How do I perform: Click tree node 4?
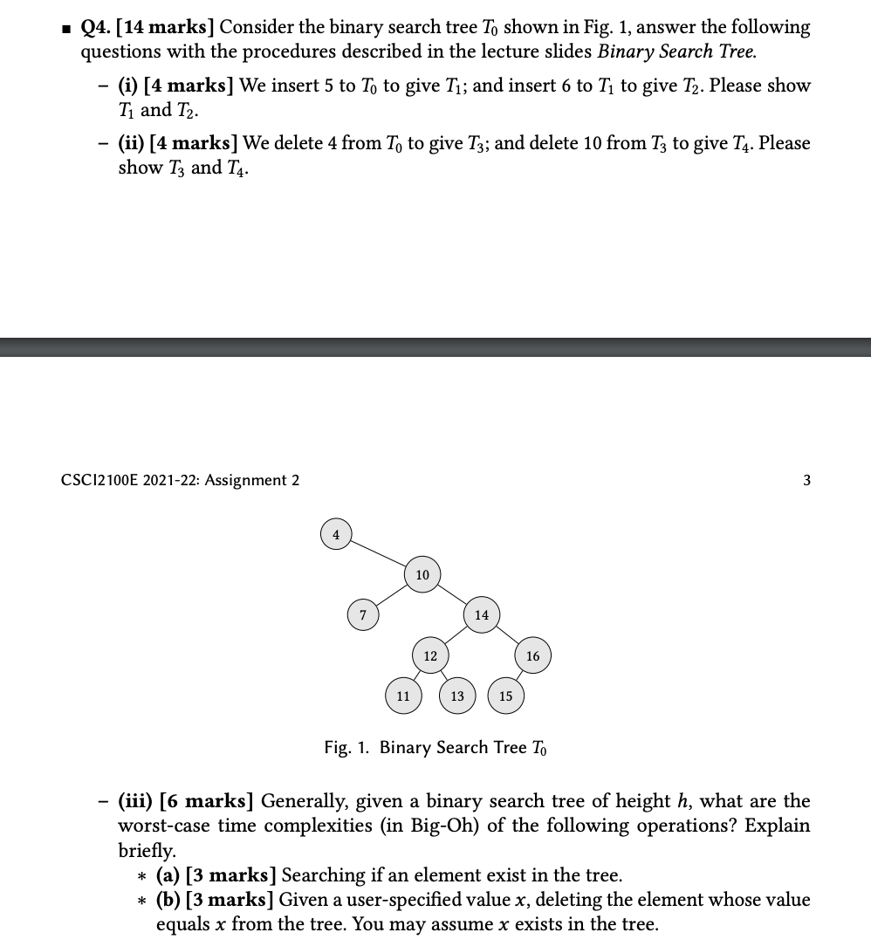[x=336, y=534]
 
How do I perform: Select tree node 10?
[x=422, y=575]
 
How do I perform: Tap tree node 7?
[x=363, y=615]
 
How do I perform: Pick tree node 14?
[x=482, y=615]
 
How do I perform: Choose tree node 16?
[x=533, y=655]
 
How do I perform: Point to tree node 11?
[x=402, y=696]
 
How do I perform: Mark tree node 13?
[x=457, y=696]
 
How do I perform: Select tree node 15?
[x=506, y=696]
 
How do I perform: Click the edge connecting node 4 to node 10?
[x=379, y=554]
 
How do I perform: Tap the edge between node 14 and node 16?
[x=508, y=635]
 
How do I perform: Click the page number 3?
[x=806, y=480]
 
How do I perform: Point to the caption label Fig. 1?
[x=347, y=748]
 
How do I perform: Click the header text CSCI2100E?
[x=96, y=480]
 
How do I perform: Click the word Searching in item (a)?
[x=324, y=875]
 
